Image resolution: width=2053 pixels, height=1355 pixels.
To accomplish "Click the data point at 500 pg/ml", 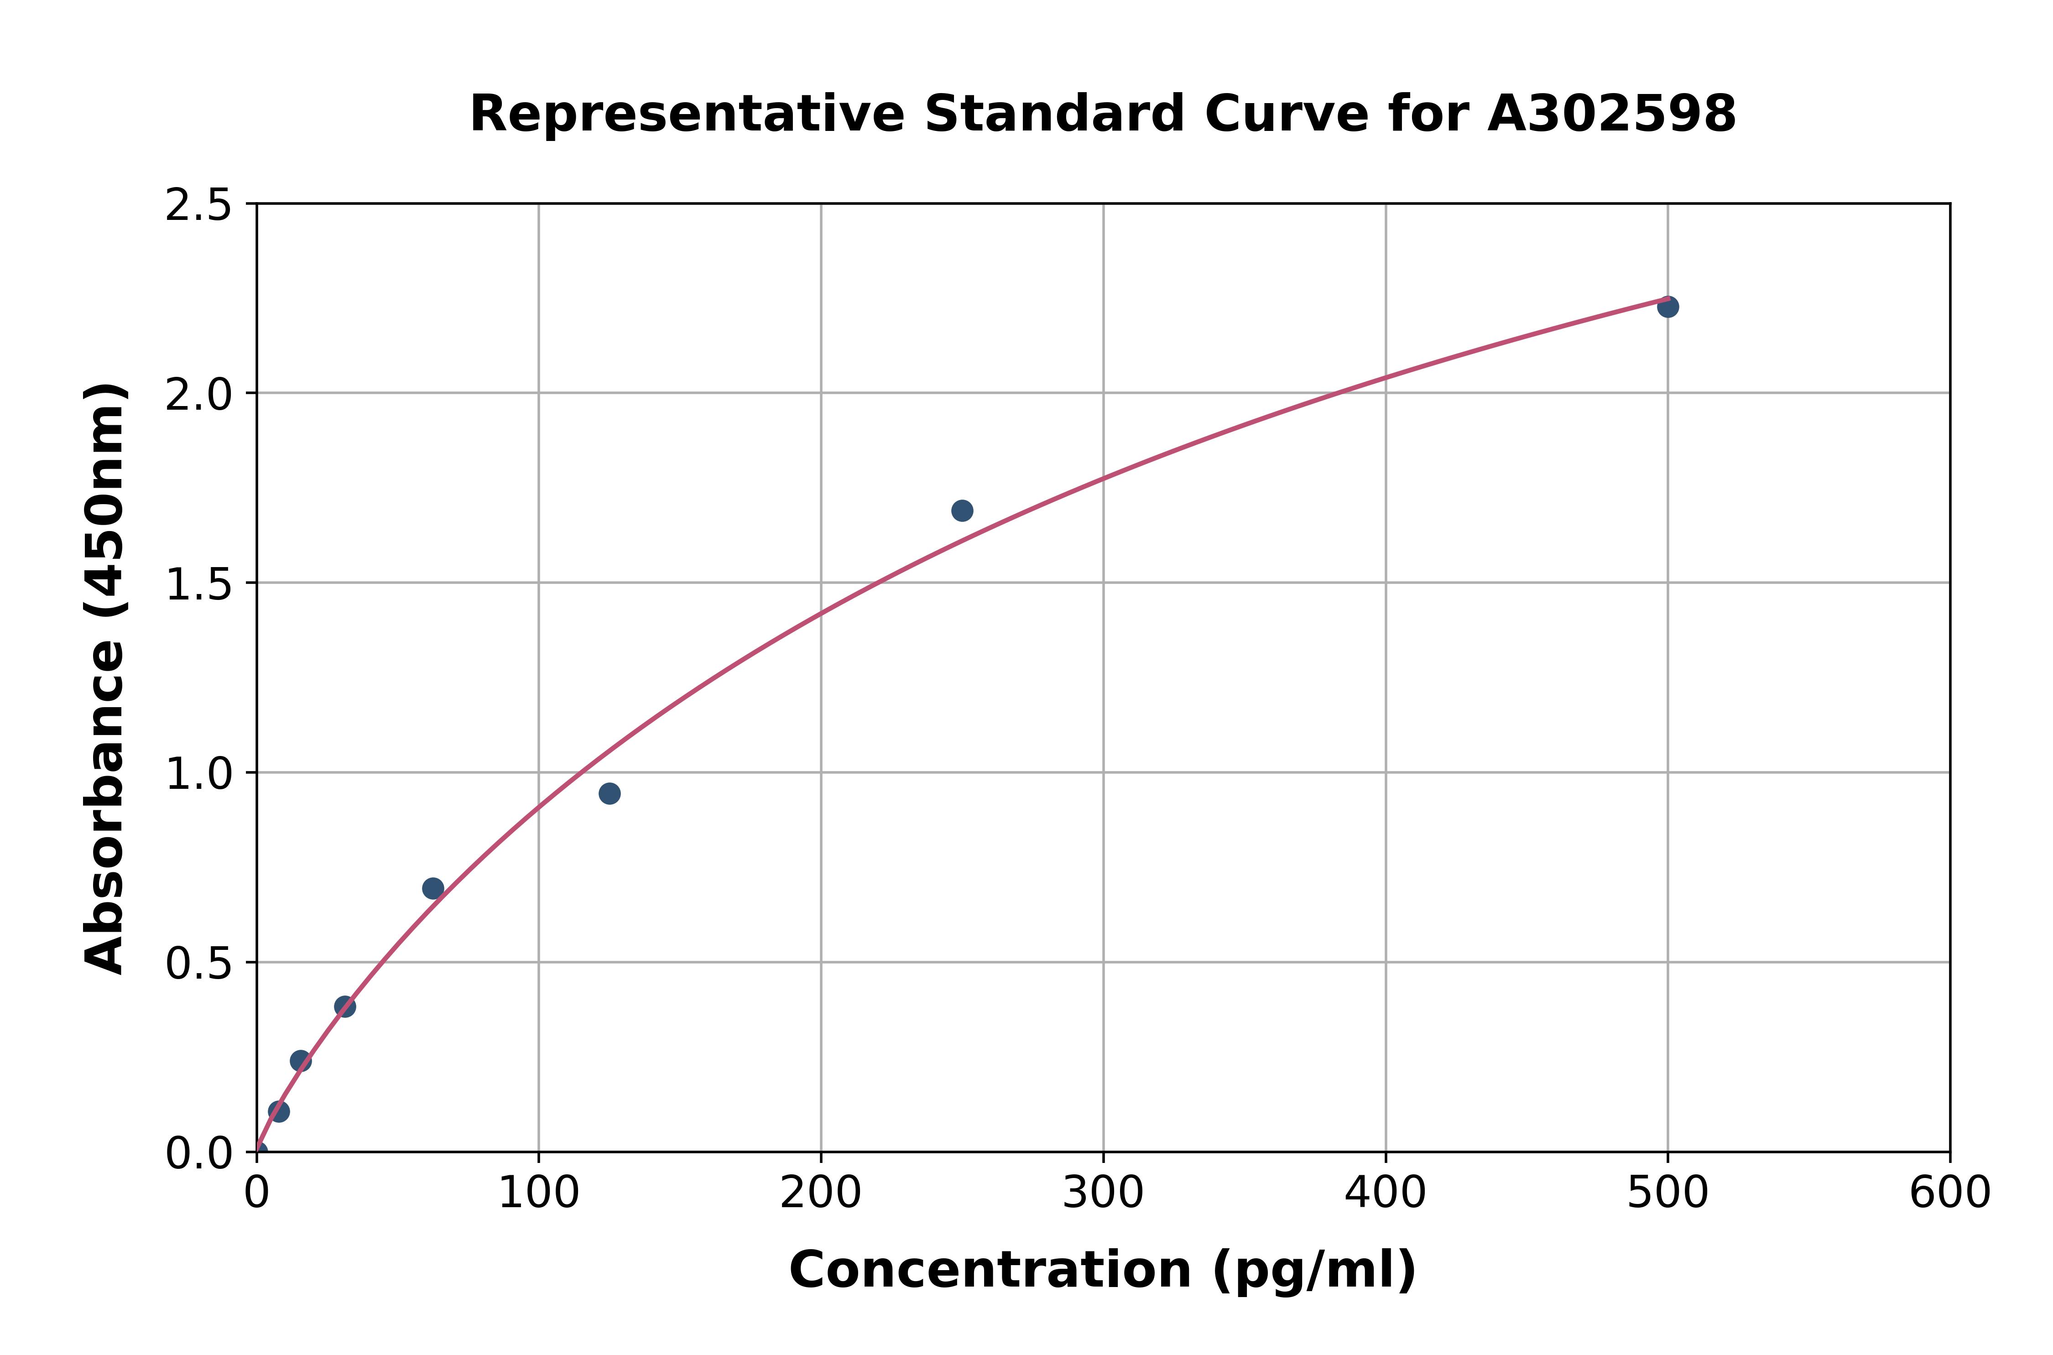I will (1667, 307).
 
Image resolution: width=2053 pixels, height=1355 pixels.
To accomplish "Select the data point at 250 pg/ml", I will (962, 511).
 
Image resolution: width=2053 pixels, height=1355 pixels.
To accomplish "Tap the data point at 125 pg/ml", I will (609, 793).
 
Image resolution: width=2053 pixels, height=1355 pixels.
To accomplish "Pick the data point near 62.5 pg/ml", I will (433, 888).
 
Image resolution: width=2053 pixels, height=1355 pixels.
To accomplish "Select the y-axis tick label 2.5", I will (199, 206).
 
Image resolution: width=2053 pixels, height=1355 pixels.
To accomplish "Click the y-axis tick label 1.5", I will (199, 585).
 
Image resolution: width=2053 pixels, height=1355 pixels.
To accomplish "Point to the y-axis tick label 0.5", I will (199, 964).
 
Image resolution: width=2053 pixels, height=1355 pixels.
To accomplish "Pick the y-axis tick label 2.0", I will (199, 395).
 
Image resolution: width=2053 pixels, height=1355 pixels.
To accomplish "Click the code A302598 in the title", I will (1611, 114).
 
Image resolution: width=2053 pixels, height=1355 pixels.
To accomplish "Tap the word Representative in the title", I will (687, 114).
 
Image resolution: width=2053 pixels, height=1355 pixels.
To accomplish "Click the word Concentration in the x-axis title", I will (990, 1270).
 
